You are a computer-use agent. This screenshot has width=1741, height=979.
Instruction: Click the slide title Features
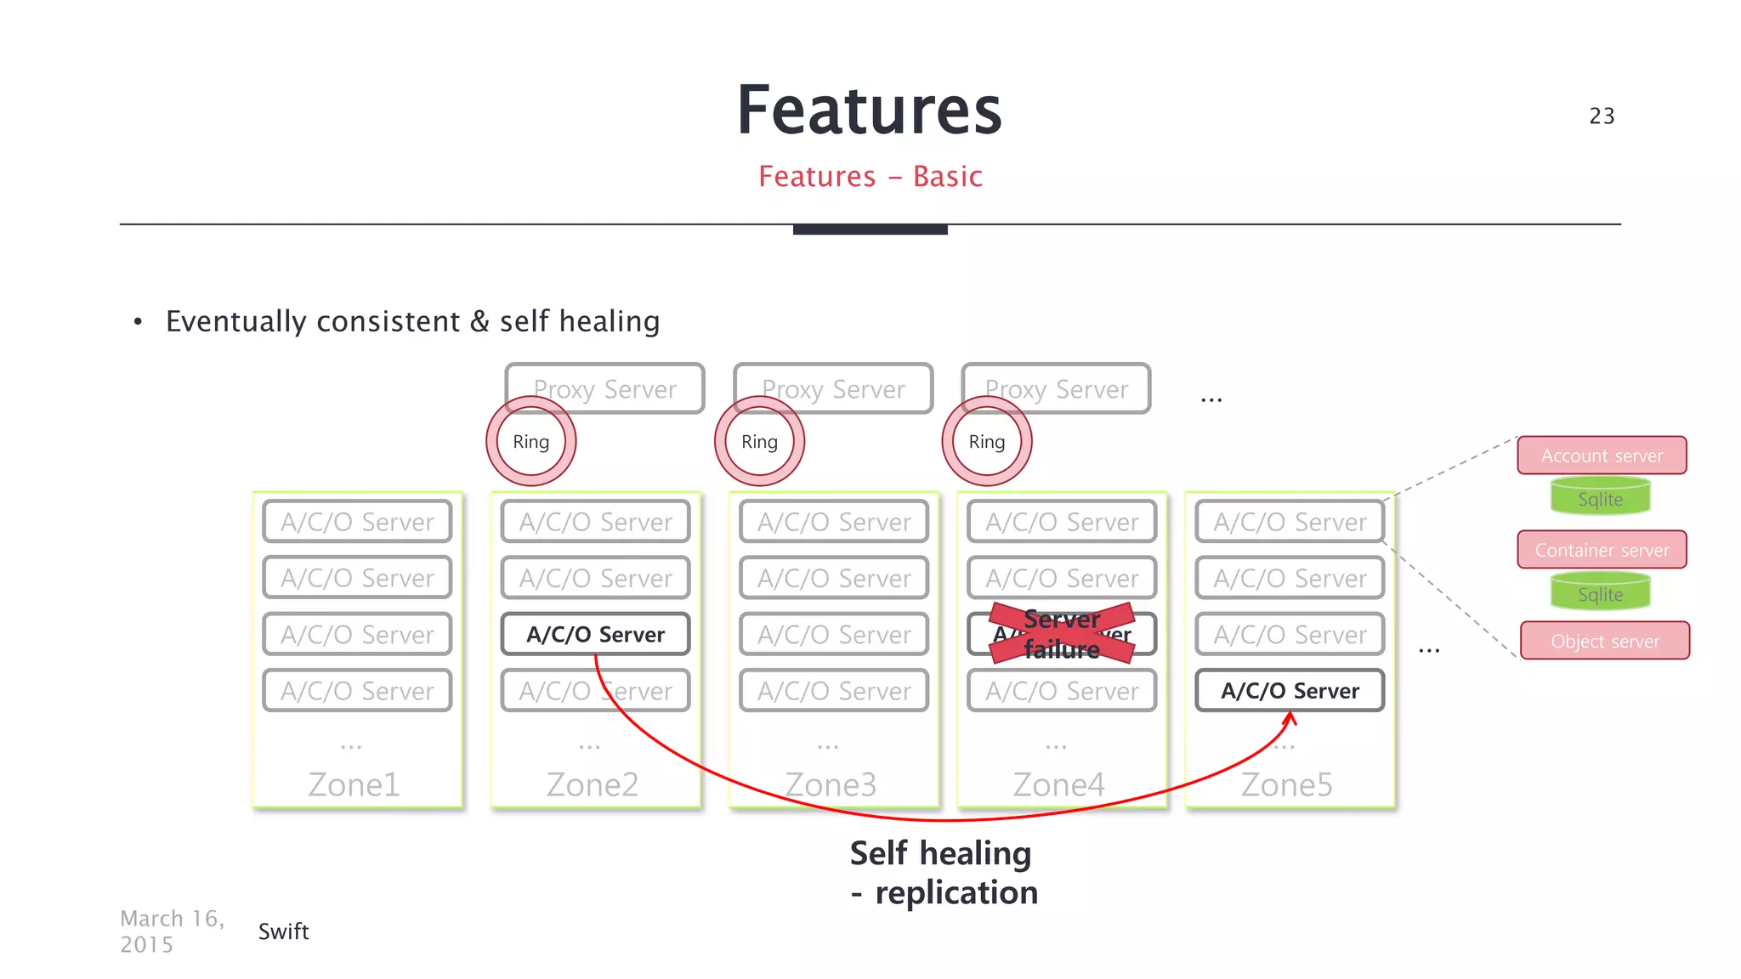pos(869,110)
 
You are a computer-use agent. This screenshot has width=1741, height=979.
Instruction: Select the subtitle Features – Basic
pos(870,177)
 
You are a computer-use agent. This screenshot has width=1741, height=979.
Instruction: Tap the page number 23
pos(1602,116)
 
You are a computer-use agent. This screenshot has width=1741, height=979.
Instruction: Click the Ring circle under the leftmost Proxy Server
pos(531,442)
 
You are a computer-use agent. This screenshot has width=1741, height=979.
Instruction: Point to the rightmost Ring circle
pos(987,442)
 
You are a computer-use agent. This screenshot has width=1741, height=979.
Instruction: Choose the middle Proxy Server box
pos(833,388)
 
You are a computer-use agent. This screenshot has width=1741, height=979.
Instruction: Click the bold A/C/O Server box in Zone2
pos(595,634)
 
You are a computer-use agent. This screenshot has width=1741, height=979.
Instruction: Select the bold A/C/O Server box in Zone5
pos(1290,691)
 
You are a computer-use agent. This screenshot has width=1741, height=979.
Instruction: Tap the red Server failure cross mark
pos(1062,634)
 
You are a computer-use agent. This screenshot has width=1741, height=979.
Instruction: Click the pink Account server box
pos(1602,456)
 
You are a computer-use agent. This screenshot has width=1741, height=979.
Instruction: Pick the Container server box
pos(1602,550)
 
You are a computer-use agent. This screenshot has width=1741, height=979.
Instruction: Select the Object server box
pos(1604,641)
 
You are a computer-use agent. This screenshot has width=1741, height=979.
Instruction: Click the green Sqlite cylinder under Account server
pos(1600,498)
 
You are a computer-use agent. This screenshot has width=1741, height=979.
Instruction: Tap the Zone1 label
pos(354,784)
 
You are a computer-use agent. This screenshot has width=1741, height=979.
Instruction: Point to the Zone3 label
pos(831,784)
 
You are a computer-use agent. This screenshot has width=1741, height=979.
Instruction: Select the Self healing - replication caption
pos(944,873)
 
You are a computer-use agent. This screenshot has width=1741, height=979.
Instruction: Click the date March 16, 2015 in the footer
pos(173,931)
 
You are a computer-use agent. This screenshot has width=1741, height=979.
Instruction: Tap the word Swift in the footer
pos(283,931)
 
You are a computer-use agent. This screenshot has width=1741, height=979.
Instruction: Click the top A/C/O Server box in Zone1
pos(357,522)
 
